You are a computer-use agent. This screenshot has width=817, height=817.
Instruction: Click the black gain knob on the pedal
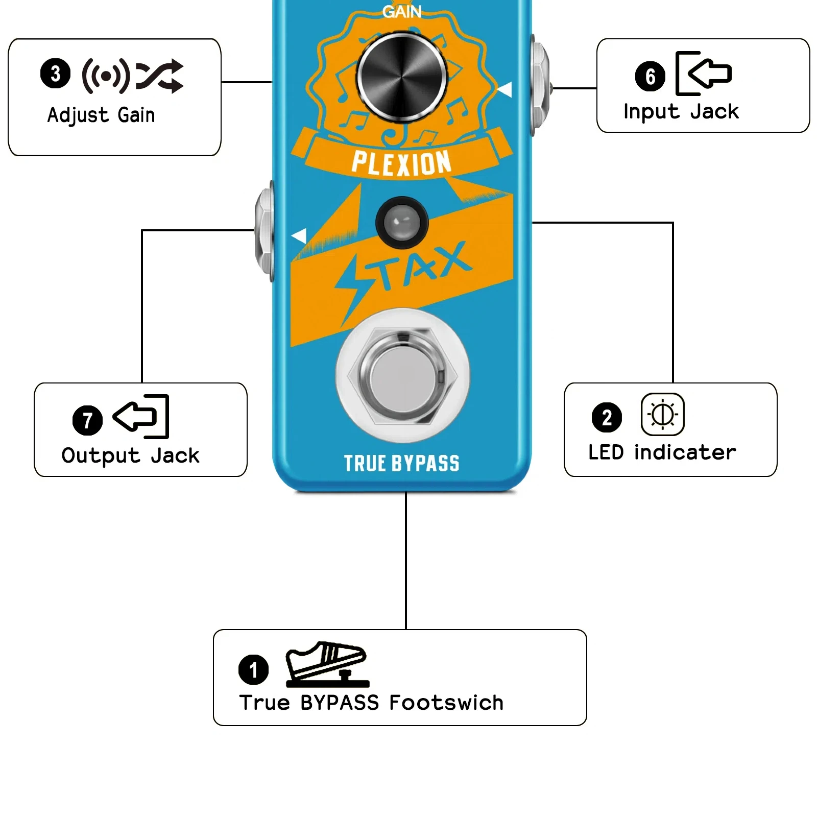click(x=401, y=78)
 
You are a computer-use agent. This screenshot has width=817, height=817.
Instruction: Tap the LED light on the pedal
click(x=401, y=223)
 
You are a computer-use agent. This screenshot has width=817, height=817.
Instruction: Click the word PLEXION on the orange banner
click(x=401, y=163)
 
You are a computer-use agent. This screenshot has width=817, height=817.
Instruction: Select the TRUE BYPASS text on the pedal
click(x=401, y=463)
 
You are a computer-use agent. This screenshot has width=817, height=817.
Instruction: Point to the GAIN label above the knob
click(x=402, y=11)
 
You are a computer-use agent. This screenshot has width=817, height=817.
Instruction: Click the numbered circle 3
click(x=55, y=74)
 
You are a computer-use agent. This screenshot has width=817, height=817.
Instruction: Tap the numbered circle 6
click(x=650, y=77)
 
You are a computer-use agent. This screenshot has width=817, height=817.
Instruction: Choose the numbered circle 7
click(x=87, y=420)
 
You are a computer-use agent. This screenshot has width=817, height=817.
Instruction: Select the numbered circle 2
click(x=607, y=417)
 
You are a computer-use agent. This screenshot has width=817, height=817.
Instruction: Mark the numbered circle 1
click(x=253, y=669)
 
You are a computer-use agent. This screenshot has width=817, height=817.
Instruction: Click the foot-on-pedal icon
click(x=327, y=664)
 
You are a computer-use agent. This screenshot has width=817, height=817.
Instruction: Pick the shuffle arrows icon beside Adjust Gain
click(x=159, y=76)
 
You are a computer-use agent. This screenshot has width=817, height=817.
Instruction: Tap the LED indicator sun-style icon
click(x=662, y=414)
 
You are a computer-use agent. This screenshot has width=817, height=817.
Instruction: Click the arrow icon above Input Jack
click(x=704, y=74)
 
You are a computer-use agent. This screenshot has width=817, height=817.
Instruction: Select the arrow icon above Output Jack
click(x=141, y=416)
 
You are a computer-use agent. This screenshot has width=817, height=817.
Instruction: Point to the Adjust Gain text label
click(x=101, y=115)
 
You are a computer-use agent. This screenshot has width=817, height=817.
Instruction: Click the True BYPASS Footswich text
click(x=371, y=703)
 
